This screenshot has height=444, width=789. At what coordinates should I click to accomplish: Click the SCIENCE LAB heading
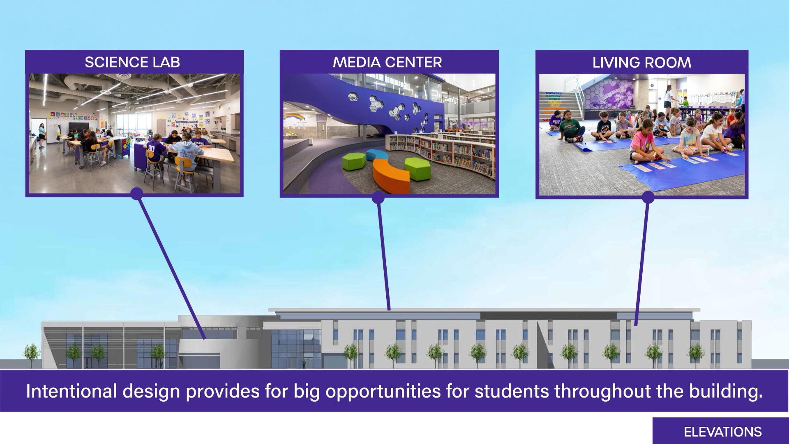click(132, 62)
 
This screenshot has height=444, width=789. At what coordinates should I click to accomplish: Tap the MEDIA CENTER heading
click(388, 62)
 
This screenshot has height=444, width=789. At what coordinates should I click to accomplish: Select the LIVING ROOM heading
click(642, 63)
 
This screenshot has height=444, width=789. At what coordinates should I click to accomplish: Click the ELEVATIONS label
click(723, 432)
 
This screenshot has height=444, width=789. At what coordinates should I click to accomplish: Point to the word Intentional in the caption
click(72, 391)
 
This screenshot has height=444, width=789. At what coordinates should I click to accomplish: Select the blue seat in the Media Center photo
click(377, 155)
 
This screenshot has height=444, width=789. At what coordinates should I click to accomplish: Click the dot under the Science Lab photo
click(137, 194)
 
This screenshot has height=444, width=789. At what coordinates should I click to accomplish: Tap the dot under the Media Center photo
click(378, 198)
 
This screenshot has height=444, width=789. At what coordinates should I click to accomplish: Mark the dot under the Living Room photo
click(648, 197)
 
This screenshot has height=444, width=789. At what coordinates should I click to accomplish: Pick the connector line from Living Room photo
click(642, 262)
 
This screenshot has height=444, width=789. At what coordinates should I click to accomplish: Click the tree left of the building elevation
click(32, 354)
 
